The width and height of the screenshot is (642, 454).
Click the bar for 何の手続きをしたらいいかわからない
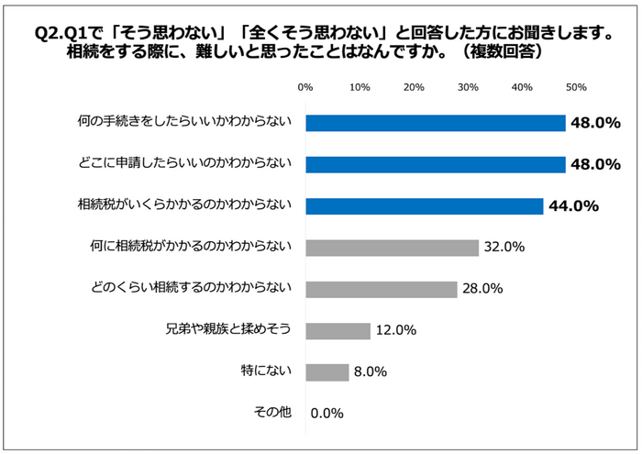click(436, 123)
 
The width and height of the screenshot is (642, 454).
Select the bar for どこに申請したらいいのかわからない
click(436, 164)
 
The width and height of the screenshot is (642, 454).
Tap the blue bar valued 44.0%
click(425, 205)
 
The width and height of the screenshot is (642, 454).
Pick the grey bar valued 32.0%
click(393, 247)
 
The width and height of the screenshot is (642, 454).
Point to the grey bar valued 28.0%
click(382, 289)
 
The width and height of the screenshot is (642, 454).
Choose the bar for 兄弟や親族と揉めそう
click(338, 330)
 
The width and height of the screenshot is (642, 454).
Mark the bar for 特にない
click(327, 371)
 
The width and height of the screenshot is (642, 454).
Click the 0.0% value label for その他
click(327, 413)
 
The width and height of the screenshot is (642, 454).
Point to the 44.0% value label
click(573, 205)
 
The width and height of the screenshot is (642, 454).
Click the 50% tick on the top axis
click(576, 88)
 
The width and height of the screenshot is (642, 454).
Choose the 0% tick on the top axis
click(306, 88)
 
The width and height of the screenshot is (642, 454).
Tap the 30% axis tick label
click(468, 88)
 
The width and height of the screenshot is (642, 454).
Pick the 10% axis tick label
click(360, 88)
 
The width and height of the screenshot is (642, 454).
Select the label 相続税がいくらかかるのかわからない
click(184, 205)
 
